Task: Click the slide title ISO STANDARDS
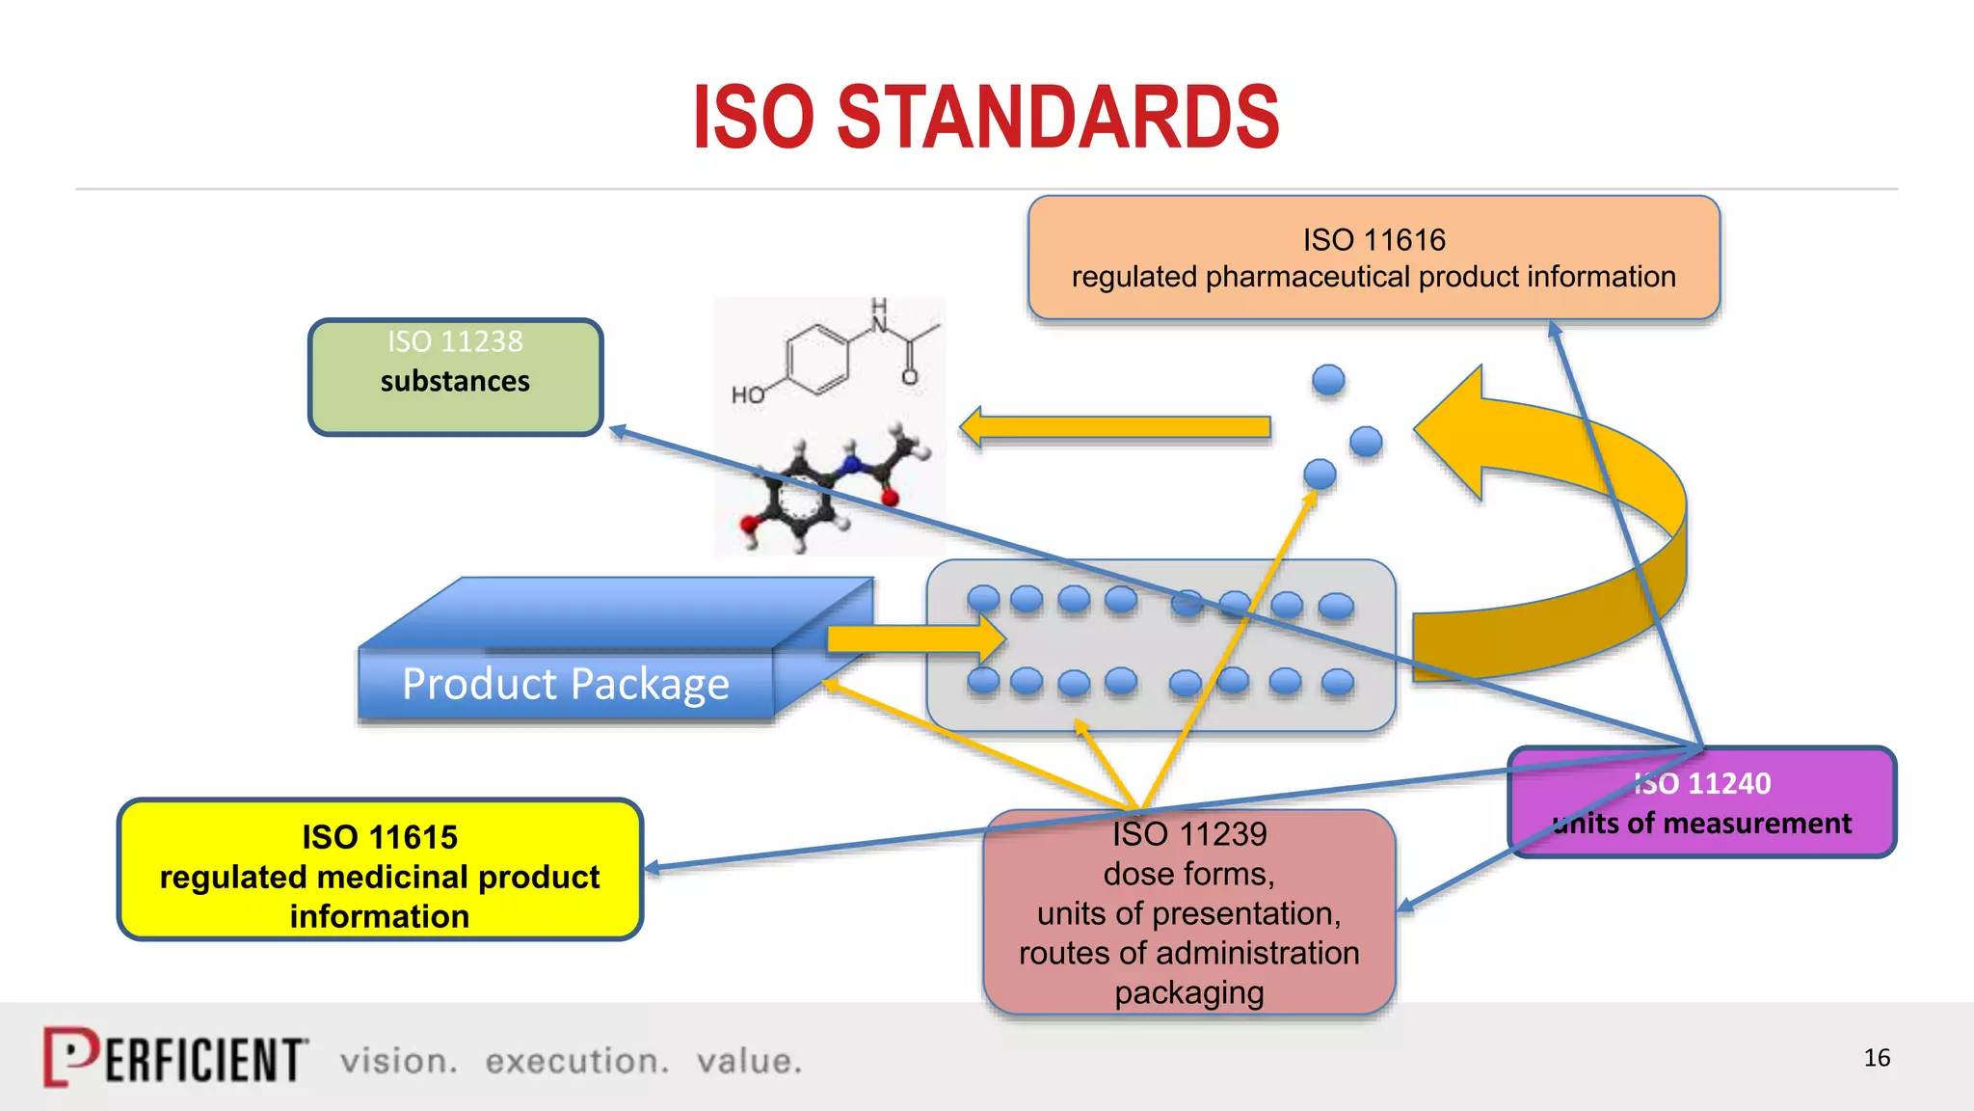pos(986,117)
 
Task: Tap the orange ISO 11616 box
pos(1374,257)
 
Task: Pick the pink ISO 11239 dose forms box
pos(1188,912)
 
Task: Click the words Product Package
pos(565,684)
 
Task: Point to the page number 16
pos(1876,1058)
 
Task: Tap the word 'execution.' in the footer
pos(576,1061)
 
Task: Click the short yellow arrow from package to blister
pos(916,638)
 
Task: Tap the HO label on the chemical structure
pos(748,394)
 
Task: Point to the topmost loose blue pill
pos(1328,379)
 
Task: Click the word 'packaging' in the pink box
pos(1188,992)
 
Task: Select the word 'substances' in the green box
pos(455,381)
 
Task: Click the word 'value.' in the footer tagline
pos(749,1061)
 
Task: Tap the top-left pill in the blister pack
pos(983,599)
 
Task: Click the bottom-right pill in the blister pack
pos(1337,683)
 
